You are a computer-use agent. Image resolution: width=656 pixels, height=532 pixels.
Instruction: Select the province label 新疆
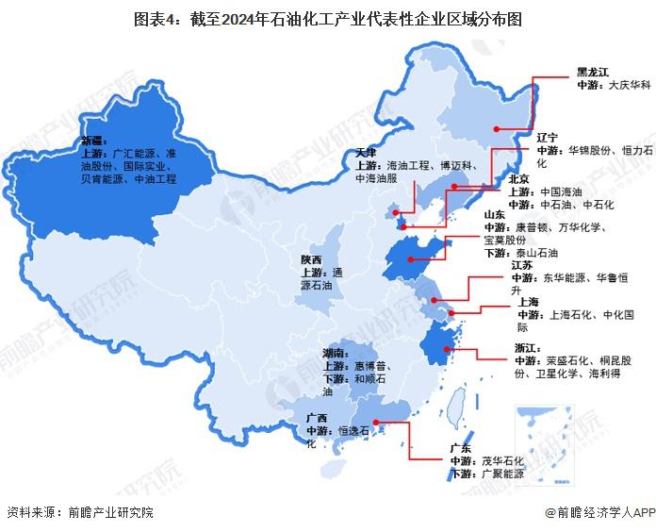[93, 141]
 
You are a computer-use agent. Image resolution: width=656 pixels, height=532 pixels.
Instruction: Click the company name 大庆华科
[629, 84]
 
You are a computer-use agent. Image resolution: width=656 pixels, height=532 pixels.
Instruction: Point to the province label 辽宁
[548, 137]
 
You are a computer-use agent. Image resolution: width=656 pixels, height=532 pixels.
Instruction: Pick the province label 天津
[368, 152]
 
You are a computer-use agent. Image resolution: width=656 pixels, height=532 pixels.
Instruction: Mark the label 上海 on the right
[528, 302]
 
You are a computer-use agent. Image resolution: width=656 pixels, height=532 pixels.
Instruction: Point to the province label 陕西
[312, 258]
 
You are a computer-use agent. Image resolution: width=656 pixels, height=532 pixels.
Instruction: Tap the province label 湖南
[335, 352]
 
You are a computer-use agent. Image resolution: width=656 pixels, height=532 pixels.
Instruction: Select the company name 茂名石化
[502, 460]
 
